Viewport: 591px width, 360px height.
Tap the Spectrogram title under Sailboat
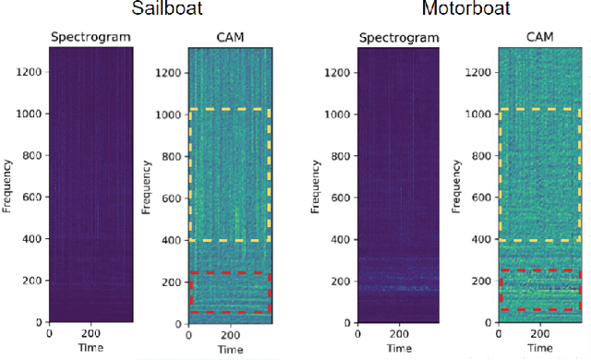[90, 38]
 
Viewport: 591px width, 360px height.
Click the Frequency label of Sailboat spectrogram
[9, 184]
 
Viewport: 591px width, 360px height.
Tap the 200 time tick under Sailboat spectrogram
[90, 334]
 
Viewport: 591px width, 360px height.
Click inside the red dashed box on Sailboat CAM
[229, 293]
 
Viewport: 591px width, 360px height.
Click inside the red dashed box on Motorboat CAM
[539, 290]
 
